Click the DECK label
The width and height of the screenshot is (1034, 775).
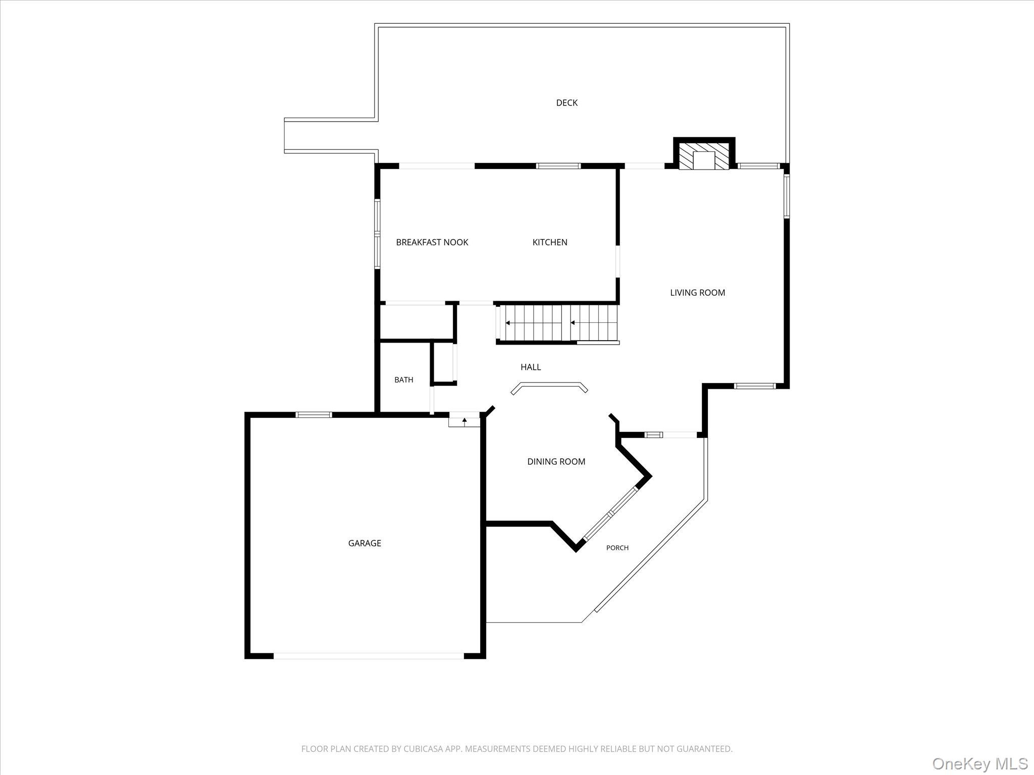(x=566, y=103)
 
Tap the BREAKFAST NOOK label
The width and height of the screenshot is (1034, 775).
(x=432, y=242)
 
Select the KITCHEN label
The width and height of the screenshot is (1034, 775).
(x=550, y=242)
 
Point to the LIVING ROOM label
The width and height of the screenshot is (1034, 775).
(x=697, y=293)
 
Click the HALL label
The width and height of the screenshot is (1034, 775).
(x=531, y=367)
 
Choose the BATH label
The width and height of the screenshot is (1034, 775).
(x=403, y=380)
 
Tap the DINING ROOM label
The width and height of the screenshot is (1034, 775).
(x=556, y=462)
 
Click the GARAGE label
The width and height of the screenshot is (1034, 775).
(x=365, y=543)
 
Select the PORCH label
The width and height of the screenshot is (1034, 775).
(x=617, y=548)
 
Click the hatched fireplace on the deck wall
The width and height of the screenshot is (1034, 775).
(x=704, y=155)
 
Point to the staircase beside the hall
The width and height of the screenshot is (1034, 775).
(x=557, y=323)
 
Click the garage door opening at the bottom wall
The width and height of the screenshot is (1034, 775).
(x=369, y=656)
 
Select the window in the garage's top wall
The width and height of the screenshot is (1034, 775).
(x=314, y=415)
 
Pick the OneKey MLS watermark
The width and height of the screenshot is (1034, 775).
(x=979, y=763)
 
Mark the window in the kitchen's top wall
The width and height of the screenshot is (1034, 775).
(x=558, y=165)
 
